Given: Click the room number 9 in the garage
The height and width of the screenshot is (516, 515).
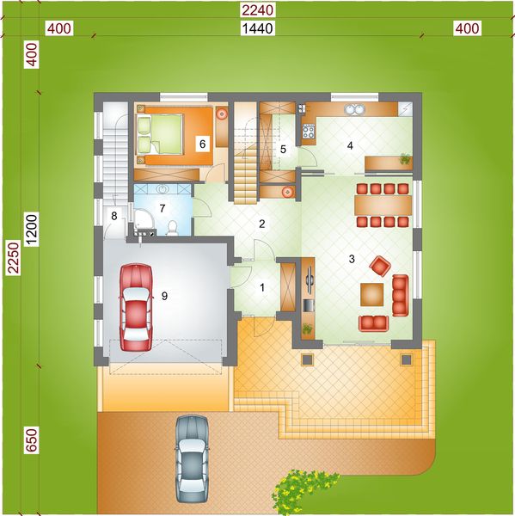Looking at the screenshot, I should coord(164,297).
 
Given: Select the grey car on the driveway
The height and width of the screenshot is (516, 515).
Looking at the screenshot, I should coord(192,459).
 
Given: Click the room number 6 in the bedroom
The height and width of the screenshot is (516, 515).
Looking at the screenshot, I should coord(202,144).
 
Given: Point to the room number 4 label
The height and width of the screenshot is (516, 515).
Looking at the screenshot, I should coord(350,144).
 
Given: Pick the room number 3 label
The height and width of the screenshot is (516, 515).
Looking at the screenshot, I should coord(351,258).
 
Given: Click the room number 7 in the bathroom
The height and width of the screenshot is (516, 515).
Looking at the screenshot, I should coord(161,209).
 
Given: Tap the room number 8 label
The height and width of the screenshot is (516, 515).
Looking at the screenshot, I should coord(113,216).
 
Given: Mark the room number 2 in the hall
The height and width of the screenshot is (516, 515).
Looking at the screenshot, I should coord(261,224).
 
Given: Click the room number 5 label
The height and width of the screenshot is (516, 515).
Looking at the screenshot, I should coord(283,149).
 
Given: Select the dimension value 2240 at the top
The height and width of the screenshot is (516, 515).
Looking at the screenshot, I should coord(257,9).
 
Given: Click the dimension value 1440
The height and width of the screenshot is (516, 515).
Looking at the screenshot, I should coord(257,29).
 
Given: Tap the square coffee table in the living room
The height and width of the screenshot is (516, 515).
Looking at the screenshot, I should coord(373,293).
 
